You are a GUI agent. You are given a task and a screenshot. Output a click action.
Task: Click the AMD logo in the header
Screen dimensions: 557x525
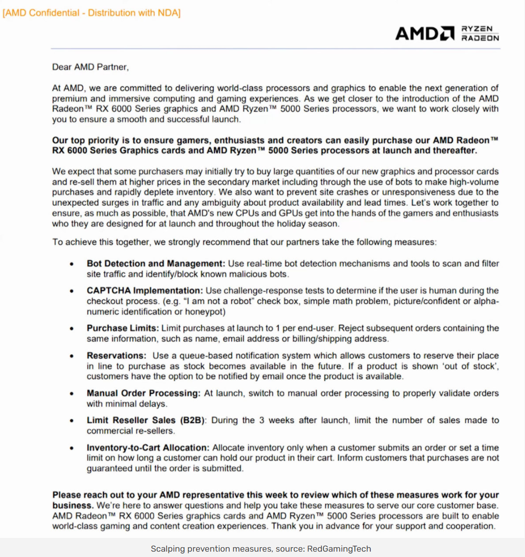pyautogui.click(x=425, y=33)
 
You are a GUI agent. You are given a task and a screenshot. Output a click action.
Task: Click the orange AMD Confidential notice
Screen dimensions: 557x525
pyautogui.click(x=92, y=13)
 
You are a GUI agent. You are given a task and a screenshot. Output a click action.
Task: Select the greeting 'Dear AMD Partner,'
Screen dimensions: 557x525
pyautogui.click(x=91, y=67)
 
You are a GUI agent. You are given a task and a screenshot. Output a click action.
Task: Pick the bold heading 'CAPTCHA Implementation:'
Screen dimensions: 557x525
pyautogui.click(x=145, y=291)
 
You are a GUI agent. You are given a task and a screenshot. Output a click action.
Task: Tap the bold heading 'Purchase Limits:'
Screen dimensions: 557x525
pyautogui.click(x=123, y=328)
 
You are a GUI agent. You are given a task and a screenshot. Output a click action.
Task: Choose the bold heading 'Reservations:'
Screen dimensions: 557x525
pyautogui.click(x=117, y=356)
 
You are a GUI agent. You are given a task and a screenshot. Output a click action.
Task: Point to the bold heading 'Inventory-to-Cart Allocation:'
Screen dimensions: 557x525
pyautogui.click(x=148, y=448)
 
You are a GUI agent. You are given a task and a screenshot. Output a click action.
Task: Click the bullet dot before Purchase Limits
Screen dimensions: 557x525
pyautogui.click(x=72, y=329)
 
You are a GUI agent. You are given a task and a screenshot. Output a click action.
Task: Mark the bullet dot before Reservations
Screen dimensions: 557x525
pyautogui.click(x=72, y=356)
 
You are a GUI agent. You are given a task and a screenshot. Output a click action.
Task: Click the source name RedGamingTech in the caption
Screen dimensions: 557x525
pyautogui.click(x=339, y=549)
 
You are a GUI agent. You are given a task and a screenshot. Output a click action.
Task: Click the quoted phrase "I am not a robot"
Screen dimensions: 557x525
pyautogui.click(x=225, y=302)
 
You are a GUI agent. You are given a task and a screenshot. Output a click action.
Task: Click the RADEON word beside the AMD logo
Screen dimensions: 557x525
pyautogui.click(x=480, y=38)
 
